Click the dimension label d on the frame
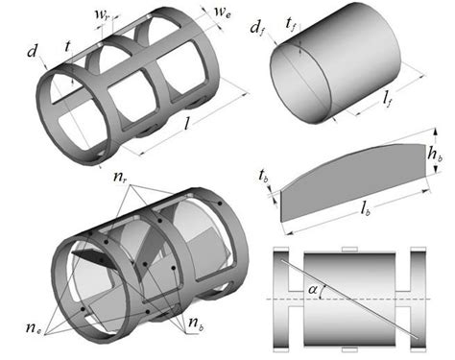pos(33,51)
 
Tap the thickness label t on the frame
pos(67,46)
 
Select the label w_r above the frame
pos(102,15)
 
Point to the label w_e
pos(223,12)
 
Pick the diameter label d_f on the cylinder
pos(257,29)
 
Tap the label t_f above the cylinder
pos(291,23)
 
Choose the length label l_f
pos(388,100)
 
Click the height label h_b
pos(435,155)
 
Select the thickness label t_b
pos(264,177)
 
